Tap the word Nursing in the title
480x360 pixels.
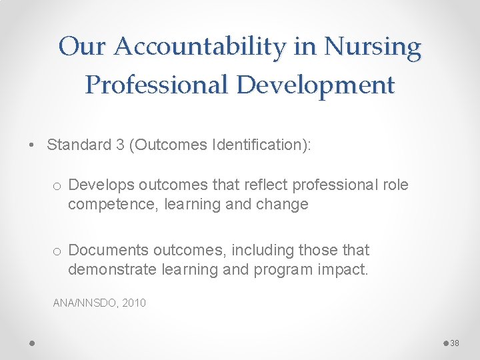(372, 47)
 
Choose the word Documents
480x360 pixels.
(108, 250)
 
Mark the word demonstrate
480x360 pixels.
(109, 269)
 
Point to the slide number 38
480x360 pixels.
(455, 343)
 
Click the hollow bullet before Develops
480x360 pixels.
(57, 185)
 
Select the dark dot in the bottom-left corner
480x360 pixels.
(32, 343)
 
